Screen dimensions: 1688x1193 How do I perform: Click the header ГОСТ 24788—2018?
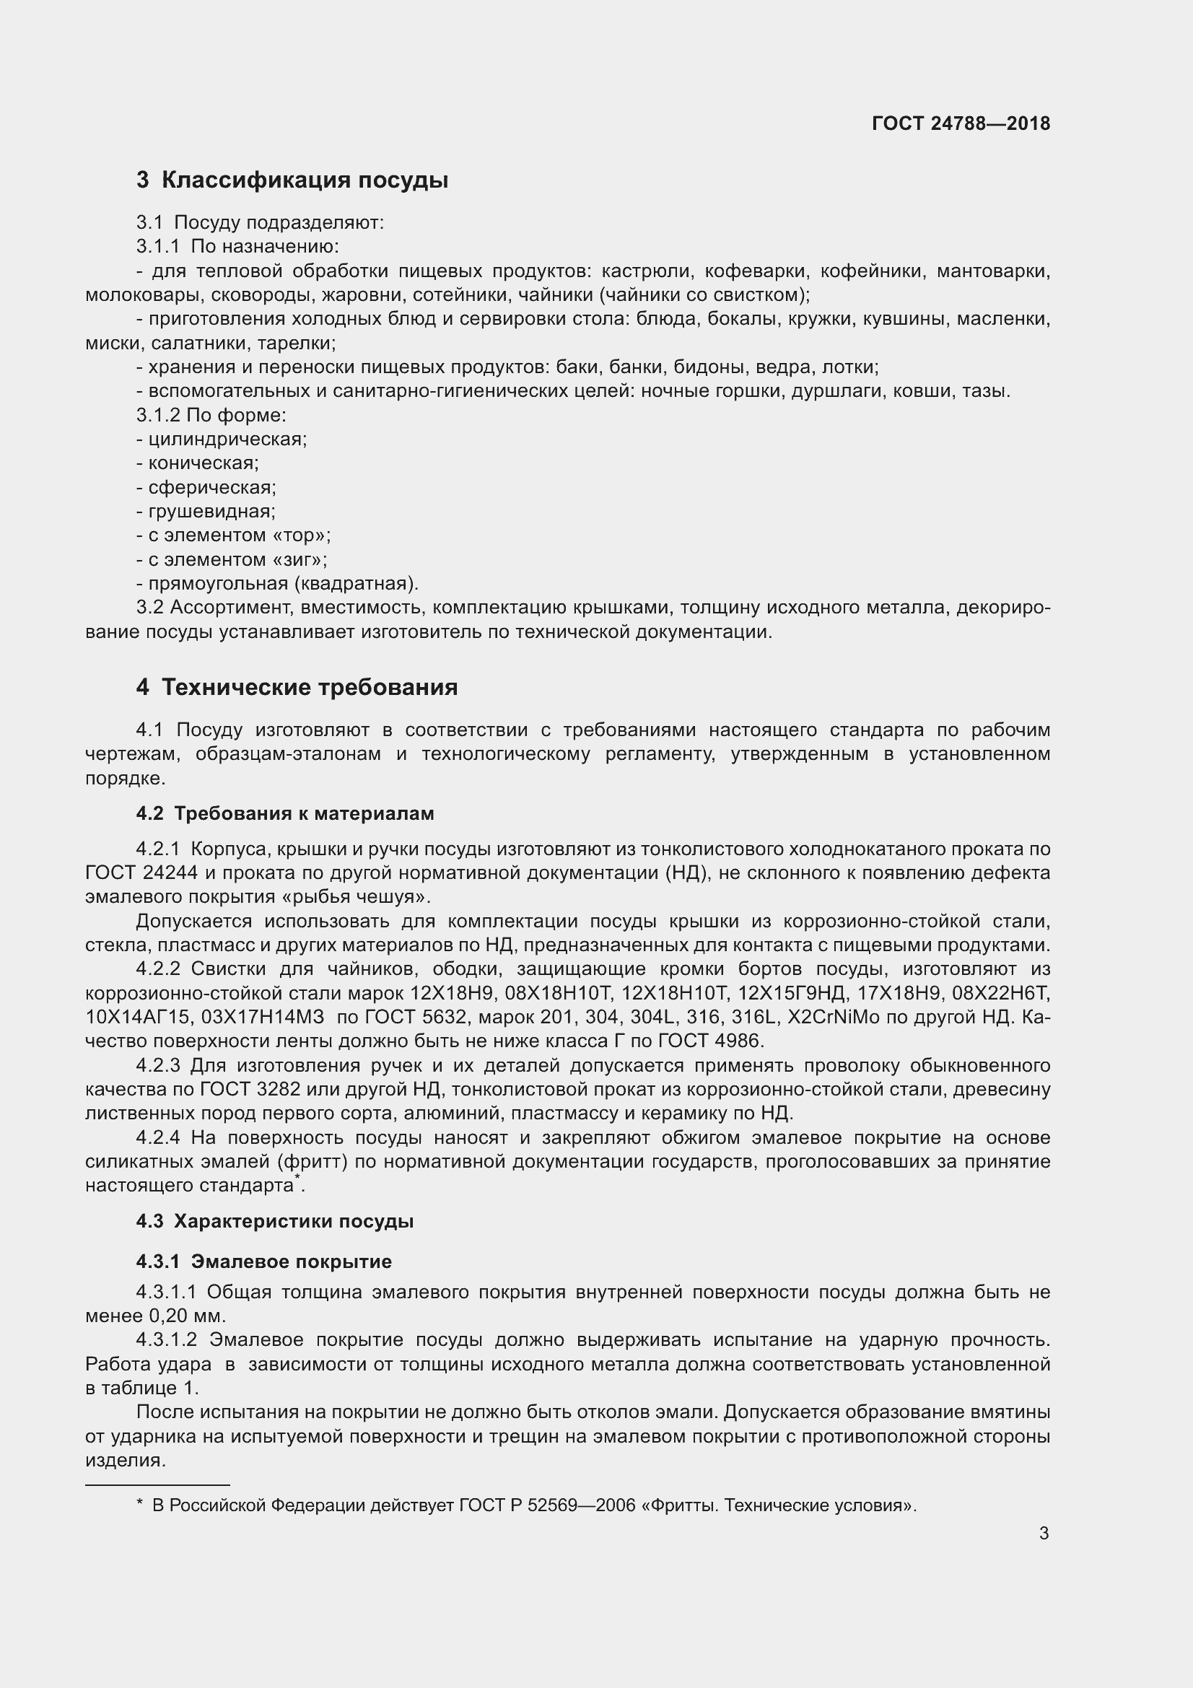click(x=961, y=123)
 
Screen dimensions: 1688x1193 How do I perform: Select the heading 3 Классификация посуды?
click(x=292, y=180)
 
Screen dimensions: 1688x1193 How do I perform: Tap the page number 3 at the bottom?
click(x=1044, y=1533)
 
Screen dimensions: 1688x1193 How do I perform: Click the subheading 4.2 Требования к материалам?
click(x=284, y=813)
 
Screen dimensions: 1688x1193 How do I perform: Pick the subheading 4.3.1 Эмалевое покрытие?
click(x=264, y=1261)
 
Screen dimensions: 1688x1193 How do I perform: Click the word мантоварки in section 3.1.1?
click(x=993, y=271)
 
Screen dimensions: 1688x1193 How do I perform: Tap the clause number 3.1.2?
click(x=157, y=416)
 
